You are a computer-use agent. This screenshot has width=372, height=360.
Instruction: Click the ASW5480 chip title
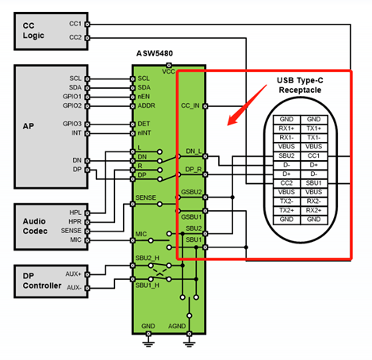pyautogui.click(x=155, y=53)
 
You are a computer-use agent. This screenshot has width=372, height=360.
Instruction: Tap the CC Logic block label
pyautogui.click(x=33, y=30)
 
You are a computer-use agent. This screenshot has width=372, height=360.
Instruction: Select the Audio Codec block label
pyautogui.click(x=35, y=226)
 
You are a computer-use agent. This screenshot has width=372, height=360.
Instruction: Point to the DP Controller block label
pyautogui.click(x=42, y=281)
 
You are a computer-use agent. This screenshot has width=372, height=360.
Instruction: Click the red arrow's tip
pyautogui.click(x=228, y=124)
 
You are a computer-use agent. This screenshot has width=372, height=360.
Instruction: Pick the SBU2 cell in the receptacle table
pyautogui.click(x=286, y=155)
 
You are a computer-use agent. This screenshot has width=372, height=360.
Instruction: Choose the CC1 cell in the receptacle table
pyautogui.click(x=314, y=155)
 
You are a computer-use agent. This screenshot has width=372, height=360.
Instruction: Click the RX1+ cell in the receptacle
pyautogui.click(x=286, y=128)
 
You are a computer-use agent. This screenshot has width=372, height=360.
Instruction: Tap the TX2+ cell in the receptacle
pyautogui.click(x=286, y=210)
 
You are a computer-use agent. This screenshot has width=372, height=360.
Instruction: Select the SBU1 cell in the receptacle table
pyautogui.click(x=314, y=183)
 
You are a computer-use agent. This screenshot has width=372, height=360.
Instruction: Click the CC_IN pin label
pyautogui.click(x=190, y=105)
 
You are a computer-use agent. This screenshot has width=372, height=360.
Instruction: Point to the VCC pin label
pyautogui.click(x=168, y=71)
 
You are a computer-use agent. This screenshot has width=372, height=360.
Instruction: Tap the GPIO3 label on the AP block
pyautogui.click(x=72, y=124)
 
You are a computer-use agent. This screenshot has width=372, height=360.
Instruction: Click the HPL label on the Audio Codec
pyautogui.click(x=75, y=213)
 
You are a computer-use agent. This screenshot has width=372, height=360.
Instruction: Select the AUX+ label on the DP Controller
pyautogui.click(x=73, y=274)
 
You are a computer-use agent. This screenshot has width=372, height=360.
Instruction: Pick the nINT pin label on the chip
pyautogui.click(x=144, y=132)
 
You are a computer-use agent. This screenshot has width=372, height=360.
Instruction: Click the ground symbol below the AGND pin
pyautogui.click(x=189, y=343)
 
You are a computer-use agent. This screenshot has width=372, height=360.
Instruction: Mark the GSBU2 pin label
pyautogui.click(x=191, y=192)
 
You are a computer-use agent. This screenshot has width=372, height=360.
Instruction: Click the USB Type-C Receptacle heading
pyautogui.click(x=300, y=85)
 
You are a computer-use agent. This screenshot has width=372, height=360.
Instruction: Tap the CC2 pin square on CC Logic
pyautogui.click(x=87, y=38)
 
